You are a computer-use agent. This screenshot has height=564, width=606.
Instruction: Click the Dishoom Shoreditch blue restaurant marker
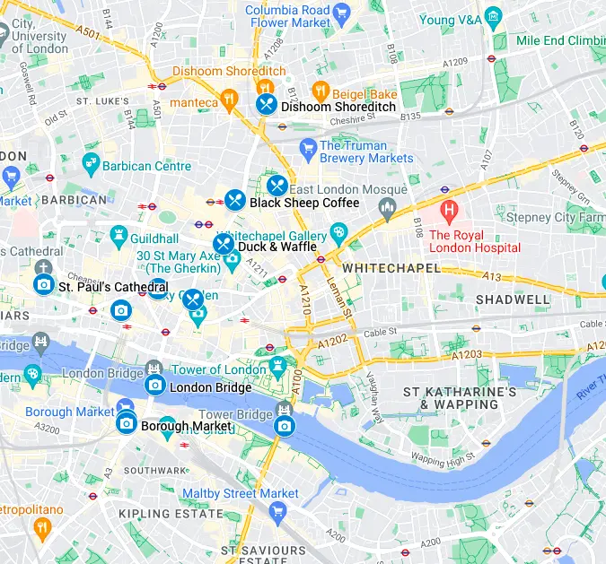266,105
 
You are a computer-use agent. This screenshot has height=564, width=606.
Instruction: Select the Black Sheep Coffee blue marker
235,201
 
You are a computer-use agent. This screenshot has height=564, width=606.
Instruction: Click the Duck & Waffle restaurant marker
223,245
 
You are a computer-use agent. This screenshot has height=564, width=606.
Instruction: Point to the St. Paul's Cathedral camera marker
43,285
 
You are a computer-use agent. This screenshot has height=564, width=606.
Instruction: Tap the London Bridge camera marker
154,386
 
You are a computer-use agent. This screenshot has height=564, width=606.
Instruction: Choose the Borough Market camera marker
127,423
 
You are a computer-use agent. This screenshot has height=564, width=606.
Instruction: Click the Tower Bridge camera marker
285,426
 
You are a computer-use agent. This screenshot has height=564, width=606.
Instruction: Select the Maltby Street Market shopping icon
277,513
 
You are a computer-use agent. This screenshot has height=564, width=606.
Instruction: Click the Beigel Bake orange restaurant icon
320,91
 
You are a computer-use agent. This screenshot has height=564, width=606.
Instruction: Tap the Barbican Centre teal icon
90,164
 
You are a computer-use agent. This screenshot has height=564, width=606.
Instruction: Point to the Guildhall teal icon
119,238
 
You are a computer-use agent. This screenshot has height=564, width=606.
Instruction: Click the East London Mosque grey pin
388,210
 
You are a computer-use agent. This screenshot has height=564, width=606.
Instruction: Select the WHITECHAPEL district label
391,268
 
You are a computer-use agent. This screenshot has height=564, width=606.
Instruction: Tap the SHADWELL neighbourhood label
513,299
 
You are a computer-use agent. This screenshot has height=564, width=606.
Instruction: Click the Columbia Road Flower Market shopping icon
341,13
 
